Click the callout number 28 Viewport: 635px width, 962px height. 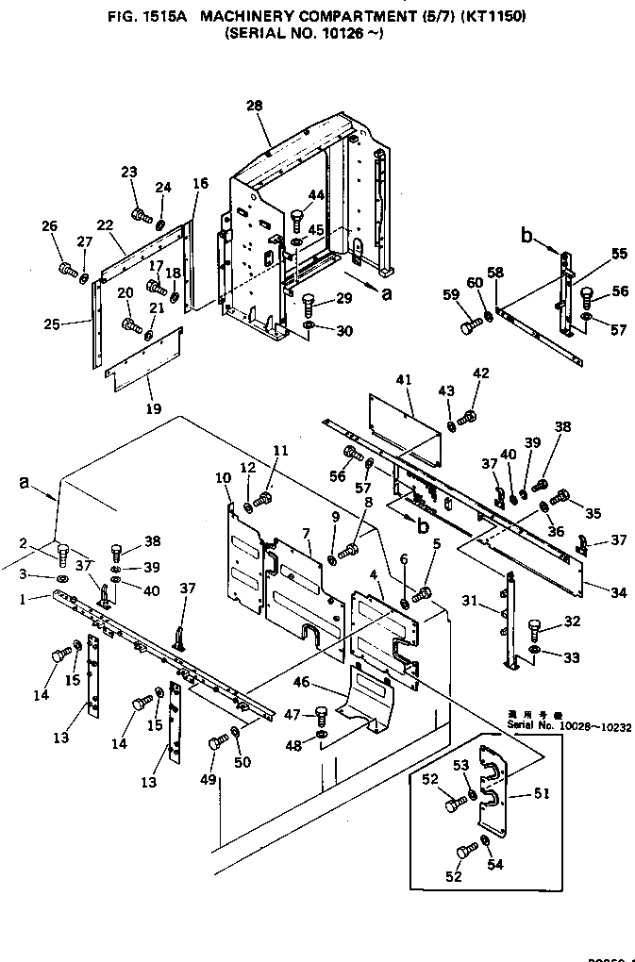point(254,106)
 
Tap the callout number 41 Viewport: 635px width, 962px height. point(404,380)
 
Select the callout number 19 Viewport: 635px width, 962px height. point(153,408)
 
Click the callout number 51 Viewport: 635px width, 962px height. point(541,793)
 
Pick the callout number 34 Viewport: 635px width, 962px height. point(618,593)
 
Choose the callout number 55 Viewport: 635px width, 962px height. point(619,254)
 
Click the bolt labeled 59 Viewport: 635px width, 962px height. point(469,326)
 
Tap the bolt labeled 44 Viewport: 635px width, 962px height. point(295,221)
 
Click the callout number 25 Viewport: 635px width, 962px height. point(51,325)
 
